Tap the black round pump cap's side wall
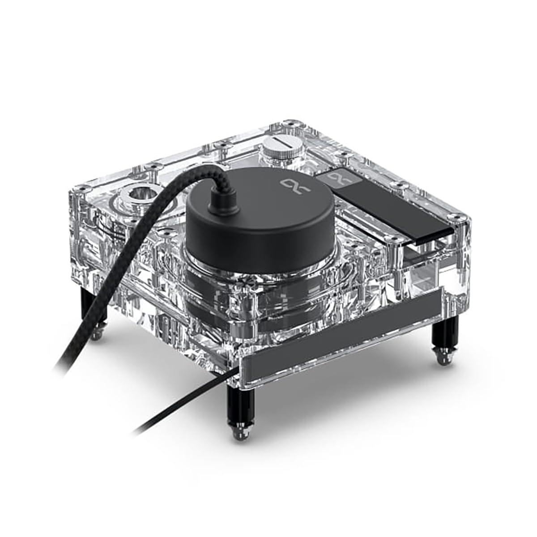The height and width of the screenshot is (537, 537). coord(251,242)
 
